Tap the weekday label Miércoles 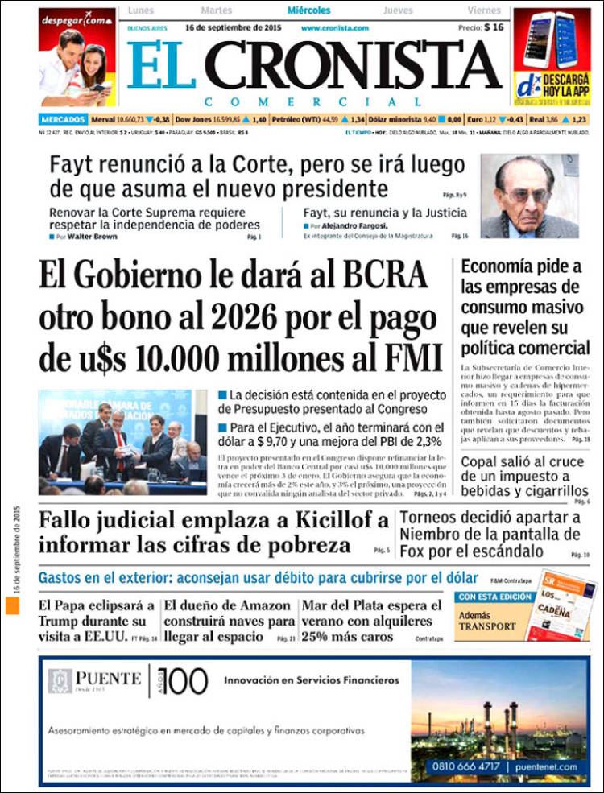(x=309, y=11)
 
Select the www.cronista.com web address (x=335, y=28)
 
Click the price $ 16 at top (x=494, y=27)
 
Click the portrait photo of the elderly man (x=529, y=196)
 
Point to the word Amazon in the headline (x=267, y=605)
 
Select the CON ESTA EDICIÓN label (x=494, y=597)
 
